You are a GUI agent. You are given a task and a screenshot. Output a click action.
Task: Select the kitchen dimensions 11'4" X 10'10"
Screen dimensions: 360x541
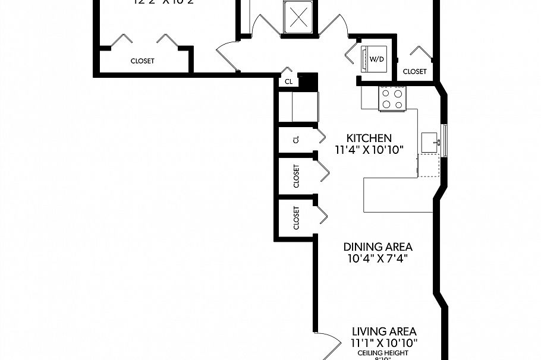369,150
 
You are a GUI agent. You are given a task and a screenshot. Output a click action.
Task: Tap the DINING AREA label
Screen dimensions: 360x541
378,247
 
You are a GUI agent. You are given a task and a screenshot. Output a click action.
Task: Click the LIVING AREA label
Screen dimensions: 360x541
383,331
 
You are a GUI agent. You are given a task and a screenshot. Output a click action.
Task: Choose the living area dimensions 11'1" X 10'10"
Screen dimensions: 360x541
384,343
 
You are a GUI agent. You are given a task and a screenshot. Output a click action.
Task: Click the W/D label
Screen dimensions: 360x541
377,59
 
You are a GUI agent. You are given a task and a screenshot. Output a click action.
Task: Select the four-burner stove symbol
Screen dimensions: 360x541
393,98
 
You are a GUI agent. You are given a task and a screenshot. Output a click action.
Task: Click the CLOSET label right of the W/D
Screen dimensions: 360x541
414,71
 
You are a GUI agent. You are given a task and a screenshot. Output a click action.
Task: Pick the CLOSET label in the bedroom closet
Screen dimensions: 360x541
142,61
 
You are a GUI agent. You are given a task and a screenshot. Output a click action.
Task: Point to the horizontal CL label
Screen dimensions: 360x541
288,82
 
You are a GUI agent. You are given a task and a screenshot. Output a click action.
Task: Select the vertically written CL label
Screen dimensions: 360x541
296,140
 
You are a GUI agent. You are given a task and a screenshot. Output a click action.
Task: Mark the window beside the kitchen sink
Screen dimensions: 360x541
445,141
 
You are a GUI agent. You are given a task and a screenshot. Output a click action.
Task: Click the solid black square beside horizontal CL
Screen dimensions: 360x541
307,81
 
